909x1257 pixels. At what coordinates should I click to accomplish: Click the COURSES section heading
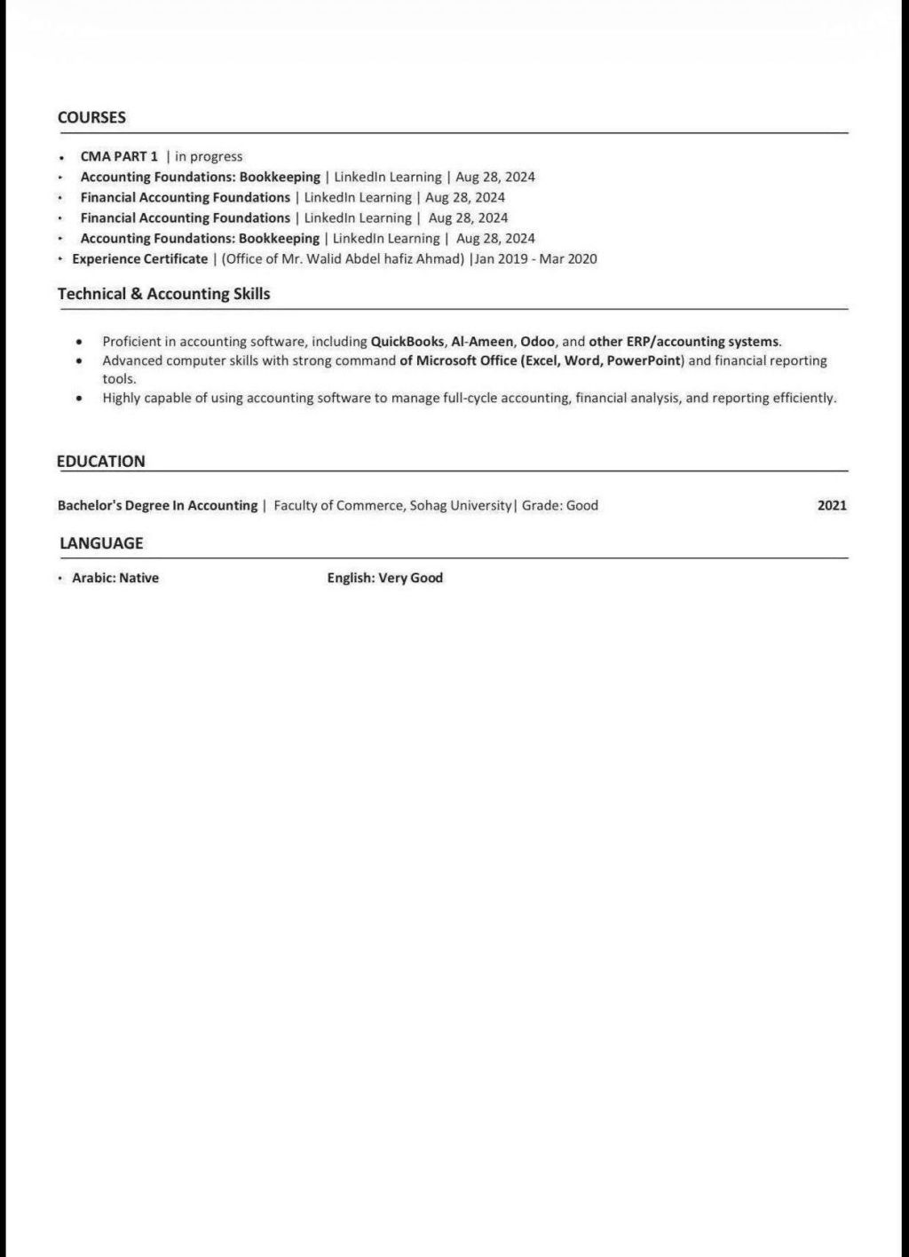(91, 117)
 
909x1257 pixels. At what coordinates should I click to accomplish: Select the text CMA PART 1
(119, 156)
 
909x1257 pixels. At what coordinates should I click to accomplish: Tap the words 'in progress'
(209, 156)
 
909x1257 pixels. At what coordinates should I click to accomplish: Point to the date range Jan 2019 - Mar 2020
(536, 259)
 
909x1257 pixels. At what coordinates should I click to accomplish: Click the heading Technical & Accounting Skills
(163, 294)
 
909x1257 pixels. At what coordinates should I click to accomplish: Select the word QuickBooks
(407, 341)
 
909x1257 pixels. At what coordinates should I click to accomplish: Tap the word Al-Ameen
(482, 341)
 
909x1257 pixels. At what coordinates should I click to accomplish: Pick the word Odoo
(537, 341)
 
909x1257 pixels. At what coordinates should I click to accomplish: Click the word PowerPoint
(644, 360)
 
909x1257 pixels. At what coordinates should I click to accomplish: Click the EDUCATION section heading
(100, 462)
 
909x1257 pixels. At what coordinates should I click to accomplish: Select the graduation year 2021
(832, 506)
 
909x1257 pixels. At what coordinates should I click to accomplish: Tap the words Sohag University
(461, 506)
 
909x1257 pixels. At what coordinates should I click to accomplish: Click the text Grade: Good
(560, 506)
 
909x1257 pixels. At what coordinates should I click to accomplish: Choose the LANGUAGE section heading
(101, 543)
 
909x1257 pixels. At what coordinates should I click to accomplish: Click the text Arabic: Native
(115, 578)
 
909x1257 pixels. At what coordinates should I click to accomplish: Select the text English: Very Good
(384, 578)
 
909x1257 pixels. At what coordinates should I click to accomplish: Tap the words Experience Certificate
(139, 259)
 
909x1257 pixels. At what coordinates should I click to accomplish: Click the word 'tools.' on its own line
(119, 379)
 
